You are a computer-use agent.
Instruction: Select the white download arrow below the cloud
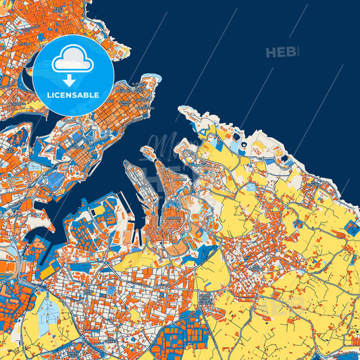pyautogui.click(x=69, y=80)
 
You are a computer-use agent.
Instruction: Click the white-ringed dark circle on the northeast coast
pyautogui.click(x=244, y=144)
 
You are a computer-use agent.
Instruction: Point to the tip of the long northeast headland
pyautogui.click(x=180, y=108)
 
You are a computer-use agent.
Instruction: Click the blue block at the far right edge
pyautogui.click(x=352, y=228)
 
